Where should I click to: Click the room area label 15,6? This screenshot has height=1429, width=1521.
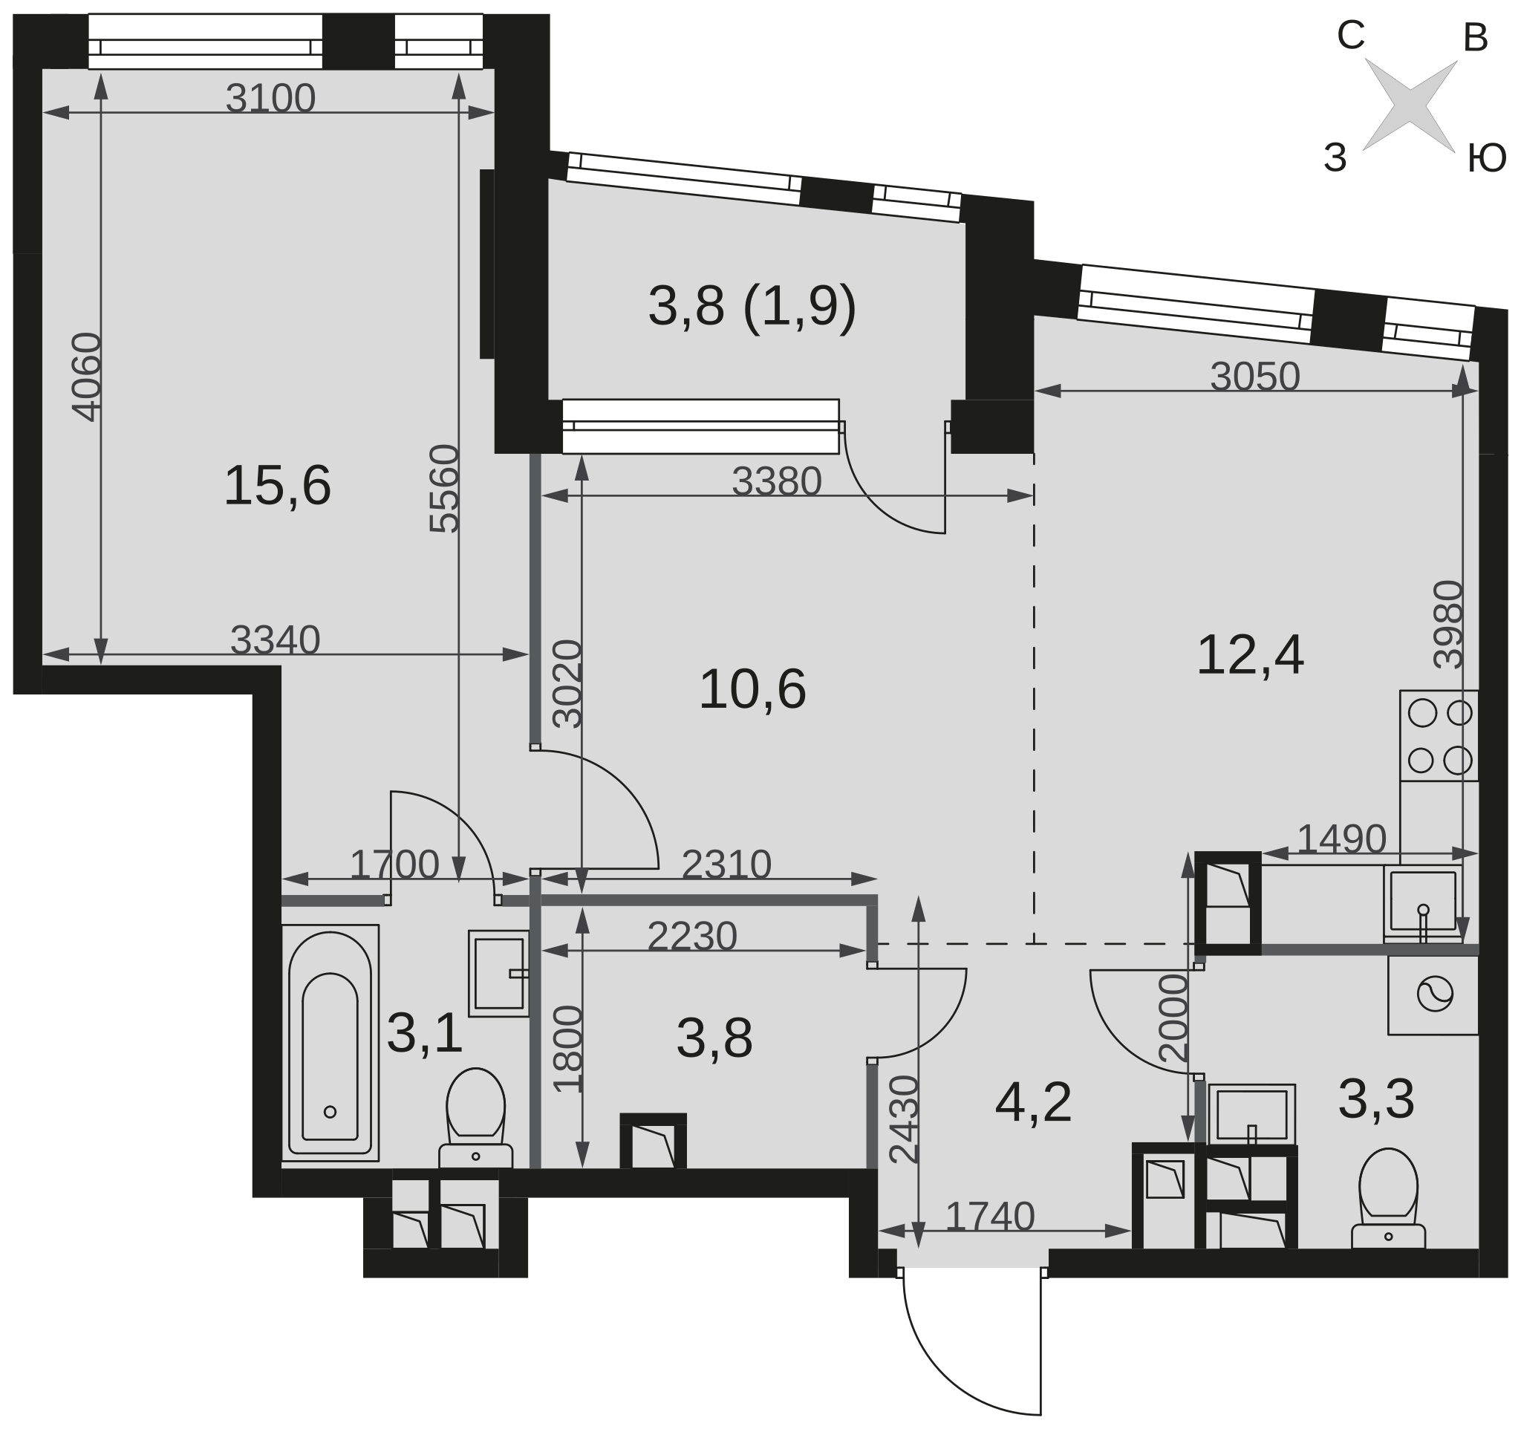pos(277,486)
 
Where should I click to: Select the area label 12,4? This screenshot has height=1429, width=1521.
pos(1249,656)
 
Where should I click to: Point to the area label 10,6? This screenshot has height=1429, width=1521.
pos(752,689)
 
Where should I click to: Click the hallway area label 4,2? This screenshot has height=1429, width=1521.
pos(1033,1103)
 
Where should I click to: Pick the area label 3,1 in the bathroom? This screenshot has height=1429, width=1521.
pos(425,1034)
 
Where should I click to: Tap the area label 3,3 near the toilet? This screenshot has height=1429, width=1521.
pos(1376,1099)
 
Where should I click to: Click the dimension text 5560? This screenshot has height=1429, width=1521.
pos(445,488)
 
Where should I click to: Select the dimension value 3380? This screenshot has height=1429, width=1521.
pos(777,482)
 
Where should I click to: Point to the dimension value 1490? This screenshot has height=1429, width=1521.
pos(1341,839)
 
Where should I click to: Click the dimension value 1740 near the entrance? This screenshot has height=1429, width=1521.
pos(990,1217)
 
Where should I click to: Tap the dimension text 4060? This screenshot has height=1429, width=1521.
pos(86,377)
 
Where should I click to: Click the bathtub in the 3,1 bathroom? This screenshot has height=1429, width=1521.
pos(330,1043)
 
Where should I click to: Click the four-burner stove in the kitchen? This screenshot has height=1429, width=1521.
pos(1439,736)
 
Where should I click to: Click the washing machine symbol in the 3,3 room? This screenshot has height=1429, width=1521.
pos(1433,995)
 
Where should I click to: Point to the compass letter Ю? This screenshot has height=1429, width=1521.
pos(1488,160)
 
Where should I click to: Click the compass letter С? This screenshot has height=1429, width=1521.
pos(1351,36)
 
